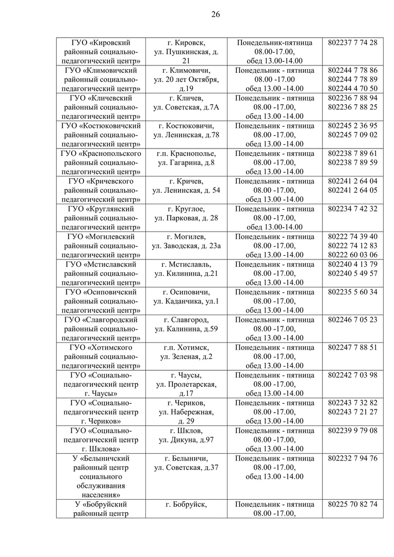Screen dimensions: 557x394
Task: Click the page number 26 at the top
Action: tap(216, 14)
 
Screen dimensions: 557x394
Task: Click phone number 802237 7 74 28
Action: tap(352, 42)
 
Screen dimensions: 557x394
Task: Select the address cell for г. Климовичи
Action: tap(186, 79)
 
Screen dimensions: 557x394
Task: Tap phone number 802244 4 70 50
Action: tap(352, 88)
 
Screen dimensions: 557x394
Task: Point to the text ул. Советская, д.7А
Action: tap(186, 107)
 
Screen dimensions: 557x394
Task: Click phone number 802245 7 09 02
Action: tap(352, 135)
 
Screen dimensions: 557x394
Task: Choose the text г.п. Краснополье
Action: tap(186, 154)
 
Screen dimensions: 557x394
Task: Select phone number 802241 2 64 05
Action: tap(352, 190)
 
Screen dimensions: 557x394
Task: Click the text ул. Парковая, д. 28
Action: tap(186, 218)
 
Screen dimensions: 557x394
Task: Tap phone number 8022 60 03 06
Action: tap(352, 255)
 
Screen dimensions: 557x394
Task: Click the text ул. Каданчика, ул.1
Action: tap(186, 301)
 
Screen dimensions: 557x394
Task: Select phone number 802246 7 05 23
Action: tap(352, 320)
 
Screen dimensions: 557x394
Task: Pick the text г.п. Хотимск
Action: tap(186, 348)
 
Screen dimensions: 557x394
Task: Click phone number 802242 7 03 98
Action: tap(352, 375)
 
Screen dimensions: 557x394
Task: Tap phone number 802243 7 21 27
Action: tap(352, 412)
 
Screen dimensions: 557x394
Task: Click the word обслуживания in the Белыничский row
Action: tap(101, 486)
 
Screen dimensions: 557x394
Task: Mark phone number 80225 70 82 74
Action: tap(352, 504)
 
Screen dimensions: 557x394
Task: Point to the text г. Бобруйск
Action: tap(186, 504)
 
